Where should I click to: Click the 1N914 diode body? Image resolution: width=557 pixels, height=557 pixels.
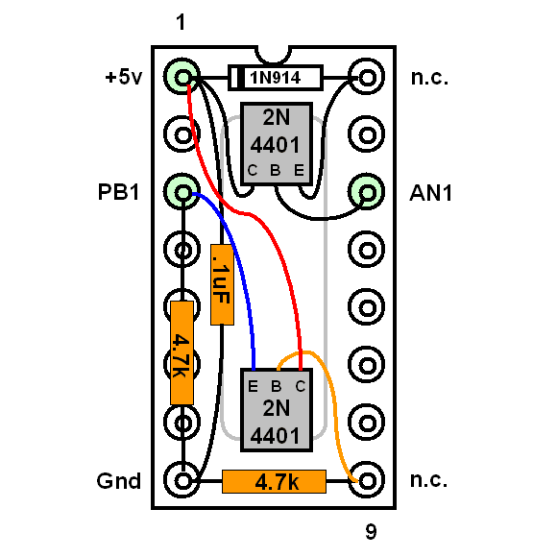[276, 78]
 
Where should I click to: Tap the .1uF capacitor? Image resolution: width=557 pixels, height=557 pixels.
[222, 284]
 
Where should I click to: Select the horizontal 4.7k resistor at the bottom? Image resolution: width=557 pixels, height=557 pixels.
[274, 481]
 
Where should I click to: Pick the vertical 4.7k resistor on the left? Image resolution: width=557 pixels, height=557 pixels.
[182, 352]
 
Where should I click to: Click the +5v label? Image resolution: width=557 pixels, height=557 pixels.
[123, 77]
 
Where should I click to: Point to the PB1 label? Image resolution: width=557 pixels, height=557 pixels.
[118, 192]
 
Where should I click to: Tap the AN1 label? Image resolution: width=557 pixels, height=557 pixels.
[430, 193]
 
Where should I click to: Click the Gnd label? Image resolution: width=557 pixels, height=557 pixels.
[119, 481]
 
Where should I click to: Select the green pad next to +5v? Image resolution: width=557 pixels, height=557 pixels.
[182, 77]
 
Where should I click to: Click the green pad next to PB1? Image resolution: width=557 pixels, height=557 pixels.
[182, 192]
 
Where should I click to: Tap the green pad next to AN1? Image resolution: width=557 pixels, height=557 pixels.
[366, 192]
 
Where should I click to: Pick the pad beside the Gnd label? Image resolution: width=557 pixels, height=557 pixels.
[182, 480]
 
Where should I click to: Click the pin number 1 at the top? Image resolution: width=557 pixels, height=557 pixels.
[181, 22]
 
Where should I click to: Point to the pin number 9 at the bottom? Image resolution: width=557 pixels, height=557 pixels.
[371, 532]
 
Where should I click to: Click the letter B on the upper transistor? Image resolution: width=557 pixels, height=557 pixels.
[276, 171]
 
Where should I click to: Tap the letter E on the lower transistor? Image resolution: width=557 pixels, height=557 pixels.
[253, 386]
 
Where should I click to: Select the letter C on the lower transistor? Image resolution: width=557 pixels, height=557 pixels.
[301, 386]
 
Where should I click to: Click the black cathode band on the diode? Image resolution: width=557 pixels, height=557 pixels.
[240, 78]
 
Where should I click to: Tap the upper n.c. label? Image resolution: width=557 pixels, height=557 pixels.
[429, 78]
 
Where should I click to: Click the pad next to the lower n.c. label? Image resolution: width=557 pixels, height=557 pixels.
[366, 480]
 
